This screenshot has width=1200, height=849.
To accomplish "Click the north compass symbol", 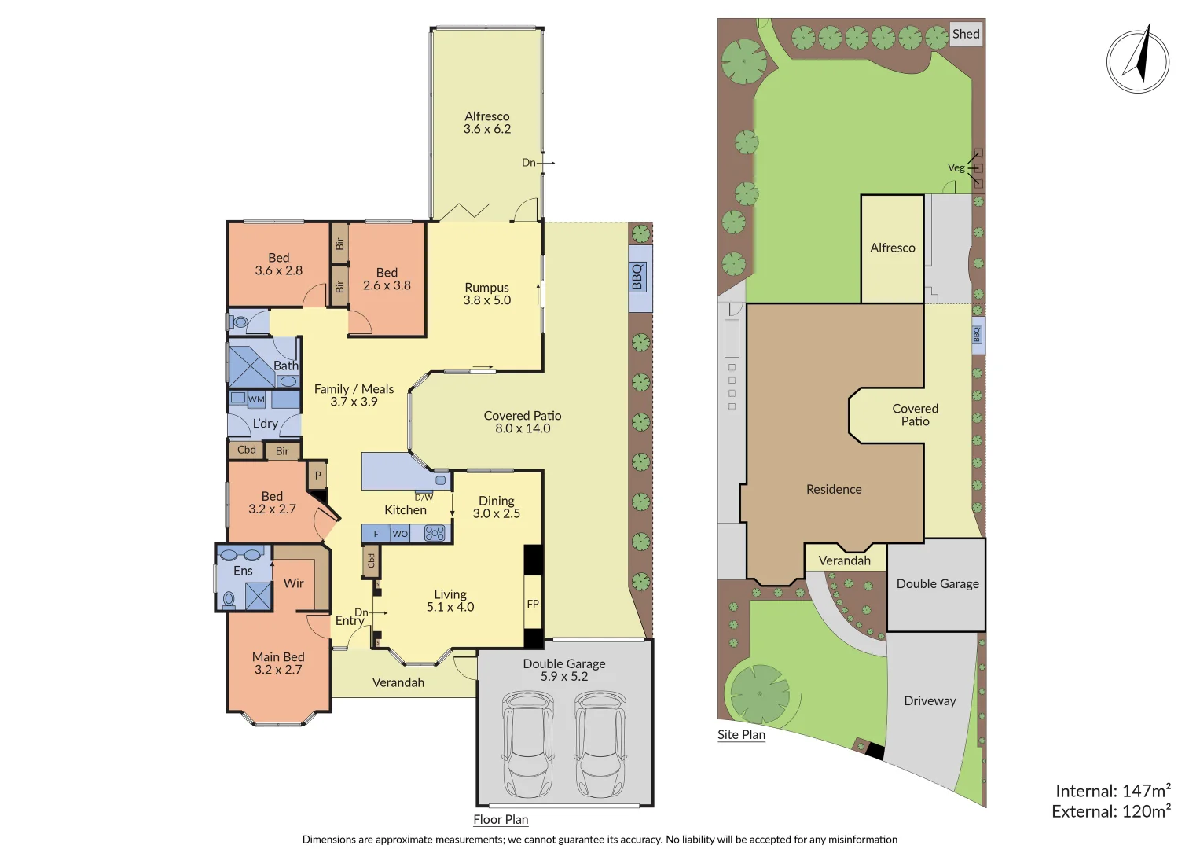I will pos(1137,61).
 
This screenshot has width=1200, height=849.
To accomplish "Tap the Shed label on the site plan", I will pos(966,34).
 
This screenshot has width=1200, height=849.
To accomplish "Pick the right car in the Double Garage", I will pos(600,743).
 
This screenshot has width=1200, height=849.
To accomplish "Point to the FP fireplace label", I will pos(533,604).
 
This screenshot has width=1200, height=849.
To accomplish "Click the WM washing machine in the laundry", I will pos(256,399).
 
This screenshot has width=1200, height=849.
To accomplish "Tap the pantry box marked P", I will pos(317,475).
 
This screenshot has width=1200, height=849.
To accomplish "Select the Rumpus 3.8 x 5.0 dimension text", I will pos(486,300).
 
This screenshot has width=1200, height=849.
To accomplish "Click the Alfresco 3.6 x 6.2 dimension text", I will pos(487,129).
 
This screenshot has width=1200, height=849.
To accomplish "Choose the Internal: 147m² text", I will pos(1113,791).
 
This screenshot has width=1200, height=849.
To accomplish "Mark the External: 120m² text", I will pos(1111,811).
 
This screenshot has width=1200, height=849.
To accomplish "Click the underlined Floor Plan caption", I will pos(501,819).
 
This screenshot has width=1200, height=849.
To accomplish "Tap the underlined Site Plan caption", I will pos(741,734).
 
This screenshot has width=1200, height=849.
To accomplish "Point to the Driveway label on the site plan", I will pos(930,700).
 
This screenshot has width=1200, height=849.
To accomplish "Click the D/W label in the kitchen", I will pos(424,497).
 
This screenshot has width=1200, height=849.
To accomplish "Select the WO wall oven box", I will pos(400,534).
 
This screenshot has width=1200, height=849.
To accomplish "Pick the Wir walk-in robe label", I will pos(293,583).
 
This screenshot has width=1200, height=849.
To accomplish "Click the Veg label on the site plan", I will pos(956,167).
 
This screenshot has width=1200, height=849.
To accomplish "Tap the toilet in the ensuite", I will pos(229,600).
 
